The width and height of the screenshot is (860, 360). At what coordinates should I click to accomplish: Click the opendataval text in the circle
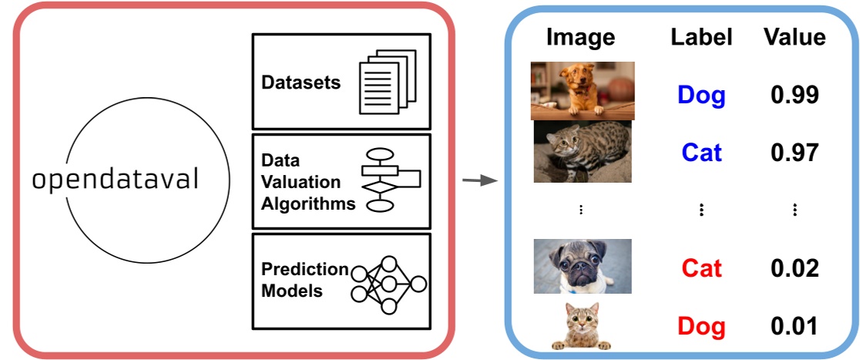[x=116, y=180]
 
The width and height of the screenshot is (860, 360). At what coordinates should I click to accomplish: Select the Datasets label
[x=301, y=82]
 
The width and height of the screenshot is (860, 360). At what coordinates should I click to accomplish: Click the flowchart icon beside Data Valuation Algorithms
[x=390, y=180]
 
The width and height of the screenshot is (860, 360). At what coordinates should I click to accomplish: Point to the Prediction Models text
[x=304, y=280]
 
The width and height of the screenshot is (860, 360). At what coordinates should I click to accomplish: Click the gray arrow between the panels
[x=477, y=181]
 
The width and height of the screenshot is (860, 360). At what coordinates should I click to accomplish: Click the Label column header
[x=700, y=37]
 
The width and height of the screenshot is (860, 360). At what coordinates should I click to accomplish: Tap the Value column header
[x=794, y=37]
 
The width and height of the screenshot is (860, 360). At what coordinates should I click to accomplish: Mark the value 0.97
[x=794, y=152]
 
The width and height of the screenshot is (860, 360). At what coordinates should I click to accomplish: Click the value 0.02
[x=794, y=268]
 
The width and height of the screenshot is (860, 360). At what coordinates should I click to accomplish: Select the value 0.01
[x=794, y=326]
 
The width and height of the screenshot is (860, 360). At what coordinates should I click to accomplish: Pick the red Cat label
[x=701, y=268]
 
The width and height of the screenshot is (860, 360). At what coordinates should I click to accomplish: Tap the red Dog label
[x=701, y=326]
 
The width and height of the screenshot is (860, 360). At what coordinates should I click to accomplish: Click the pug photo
[x=582, y=266]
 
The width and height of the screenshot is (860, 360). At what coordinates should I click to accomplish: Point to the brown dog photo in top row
[x=582, y=90]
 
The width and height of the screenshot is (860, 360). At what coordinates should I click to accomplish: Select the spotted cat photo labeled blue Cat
[x=582, y=151]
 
